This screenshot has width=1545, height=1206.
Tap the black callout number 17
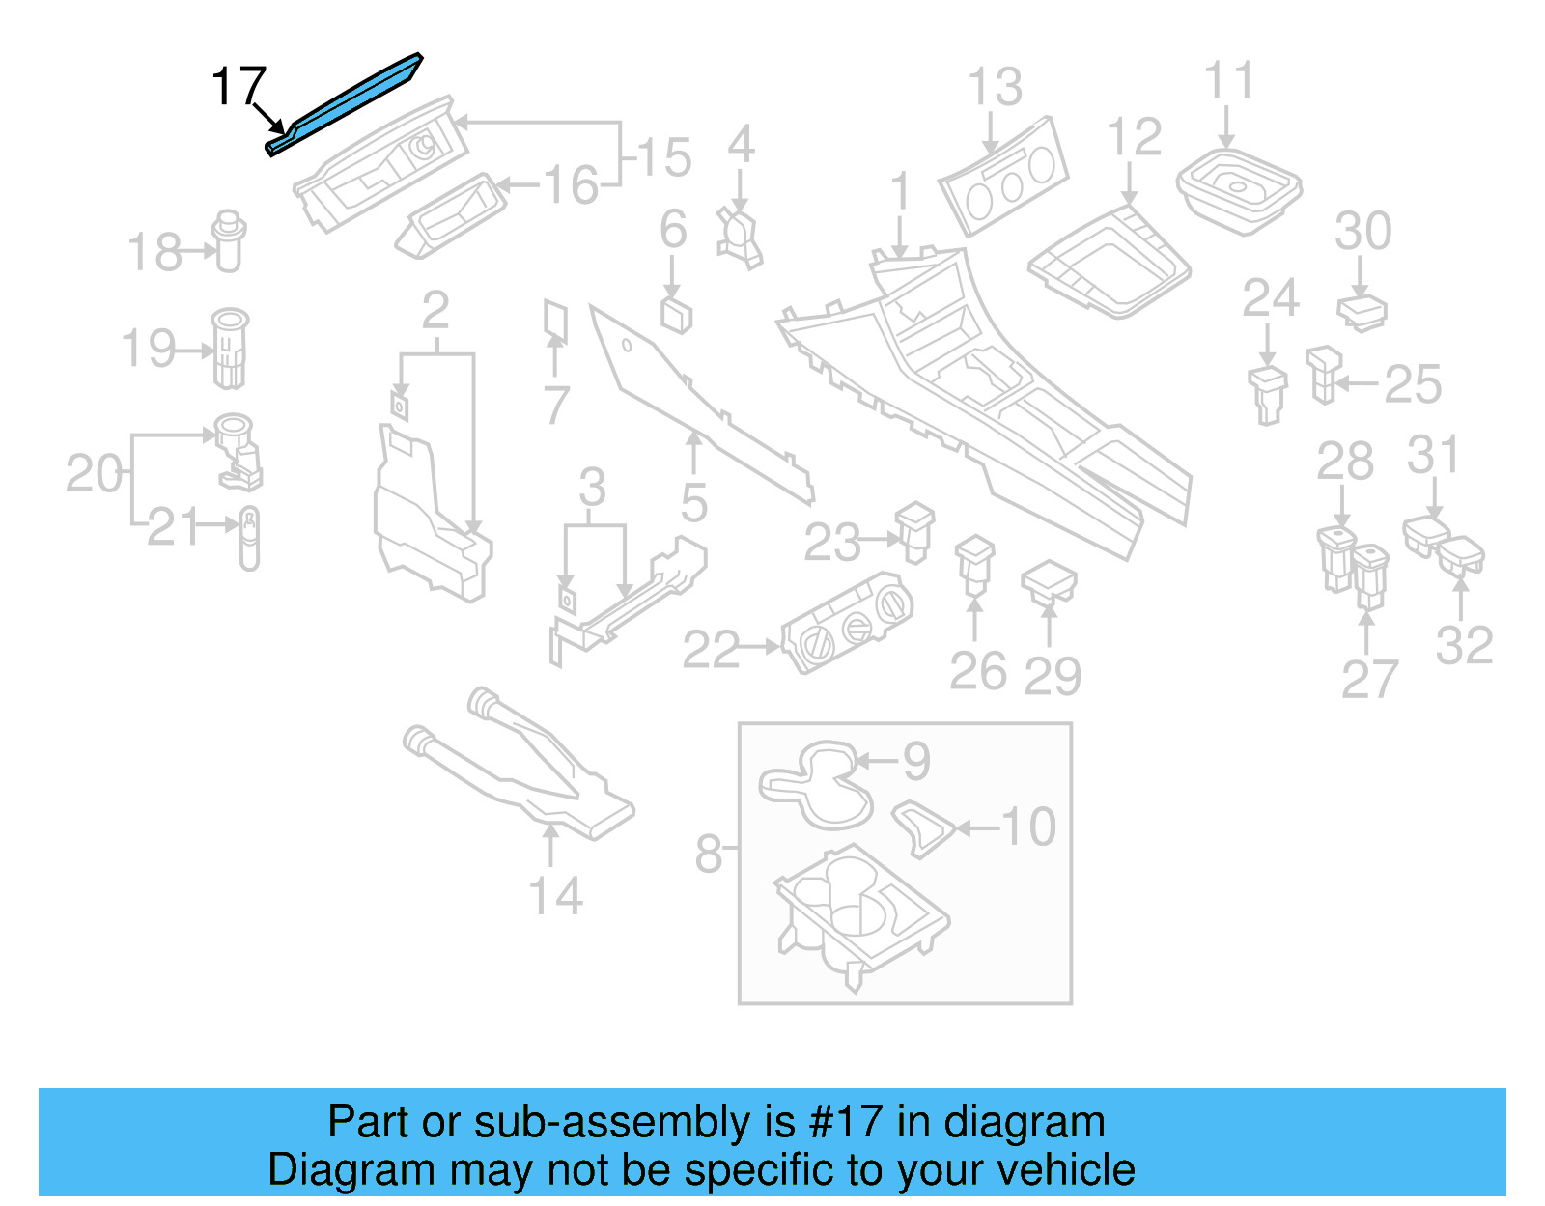[238, 86]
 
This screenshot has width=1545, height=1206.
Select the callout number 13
[995, 87]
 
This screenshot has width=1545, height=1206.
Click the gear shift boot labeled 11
[1239, 188]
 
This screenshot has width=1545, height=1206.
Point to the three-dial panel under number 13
[1004, 179]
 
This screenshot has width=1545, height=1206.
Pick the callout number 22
[711, 650]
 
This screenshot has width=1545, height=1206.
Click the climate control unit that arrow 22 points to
[848, 622]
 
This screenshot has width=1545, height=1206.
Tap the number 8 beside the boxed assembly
[708, 854]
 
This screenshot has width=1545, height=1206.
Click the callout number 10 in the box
[1028, 827]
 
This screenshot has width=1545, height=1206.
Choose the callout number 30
[1362, 231]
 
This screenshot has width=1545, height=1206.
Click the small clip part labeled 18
[229, 241]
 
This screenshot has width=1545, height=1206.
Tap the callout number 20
[93, 473]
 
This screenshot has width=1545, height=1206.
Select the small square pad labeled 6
[676, 313]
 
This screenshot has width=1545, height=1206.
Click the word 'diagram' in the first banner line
[1024, 1122]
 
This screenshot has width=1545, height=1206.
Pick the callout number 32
[1464, 645]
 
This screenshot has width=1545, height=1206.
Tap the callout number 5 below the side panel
[694, 502]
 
